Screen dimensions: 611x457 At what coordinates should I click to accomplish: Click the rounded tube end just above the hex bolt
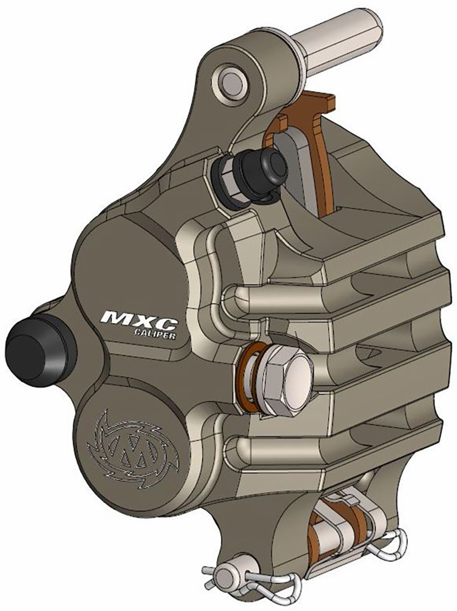tap(235, 299)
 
